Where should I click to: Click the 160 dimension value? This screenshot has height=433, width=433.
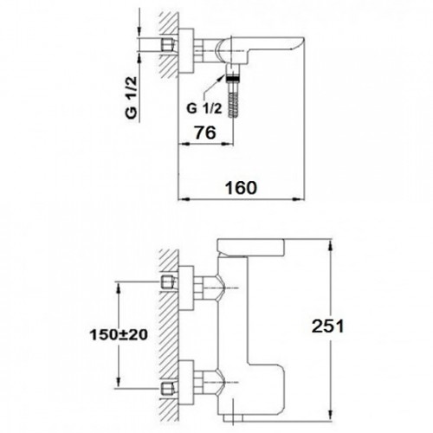pyautogui.click(x=241, y=188)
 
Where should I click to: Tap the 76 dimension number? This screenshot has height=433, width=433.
pyautogui.click(x=205, y=132)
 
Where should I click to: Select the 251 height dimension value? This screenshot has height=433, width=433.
pyautogui.click(x=327, y=326)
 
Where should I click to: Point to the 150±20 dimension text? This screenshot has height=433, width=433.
pyautogui.click(x=119, y=335)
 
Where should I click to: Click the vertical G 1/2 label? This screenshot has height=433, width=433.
pyautogui.click(x=132, y=98)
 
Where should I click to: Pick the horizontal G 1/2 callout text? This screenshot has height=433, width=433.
pyautogui.click(x=204, y=108)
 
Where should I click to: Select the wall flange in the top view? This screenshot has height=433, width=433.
pyautogui.click(x=186, y=51)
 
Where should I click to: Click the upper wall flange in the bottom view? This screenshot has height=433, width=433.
pyautogui.click(x=186, y=288)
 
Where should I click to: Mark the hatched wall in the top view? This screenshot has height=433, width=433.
pyautogui.click(x=169, y=45)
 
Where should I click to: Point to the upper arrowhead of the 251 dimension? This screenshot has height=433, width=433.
pyautogui.click(x=331, y=244)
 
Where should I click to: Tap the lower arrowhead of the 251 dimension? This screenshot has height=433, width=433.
pyautogui.click(x=331, y=414)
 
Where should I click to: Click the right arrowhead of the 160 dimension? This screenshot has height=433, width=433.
pyautogui.click(x=299, y=199)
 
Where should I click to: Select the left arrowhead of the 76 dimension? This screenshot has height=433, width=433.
pyautogui.click(x=184, y=143)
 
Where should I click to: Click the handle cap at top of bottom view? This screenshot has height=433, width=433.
pyautogui.click(x=251, y=248)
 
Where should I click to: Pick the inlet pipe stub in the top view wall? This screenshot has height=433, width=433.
pyautogui.click(x=168, y=45)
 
